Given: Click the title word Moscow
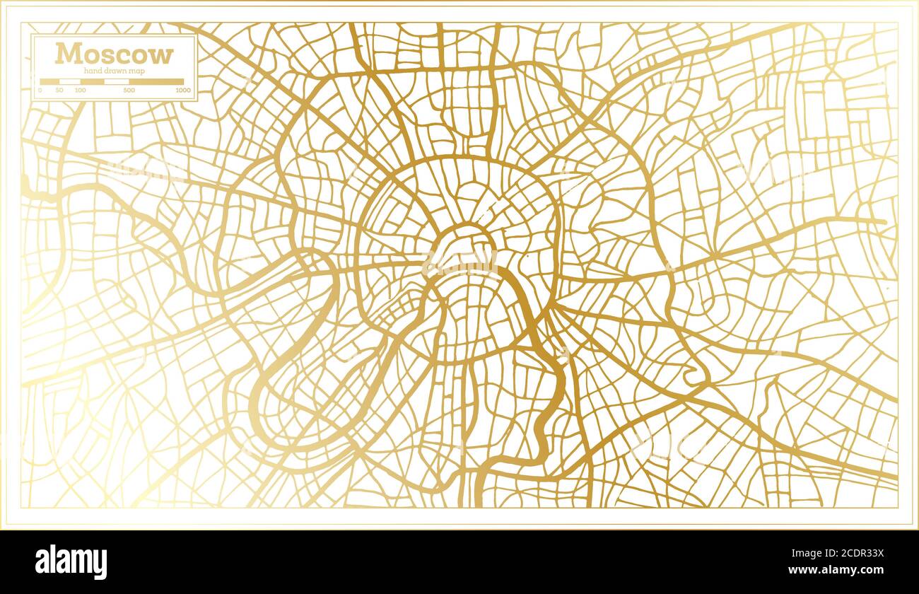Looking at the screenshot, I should pyautogui.click(x=114, y=54).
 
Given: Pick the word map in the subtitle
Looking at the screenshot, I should pyautogui.click(x=138, y=71).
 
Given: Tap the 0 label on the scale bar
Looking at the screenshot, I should pyautogui.click(x=40, y=91).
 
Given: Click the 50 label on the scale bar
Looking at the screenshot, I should pyautogui.click(x=59, y=91).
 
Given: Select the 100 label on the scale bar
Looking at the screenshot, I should pyautogui.click(x=80, y=91).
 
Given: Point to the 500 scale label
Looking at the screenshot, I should pyautogui.click(x=129, y=91).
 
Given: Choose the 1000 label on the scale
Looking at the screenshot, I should pyautogui.click(x=183, y=91).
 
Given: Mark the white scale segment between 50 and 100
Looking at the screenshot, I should pyautogui.click(x=69, y=82).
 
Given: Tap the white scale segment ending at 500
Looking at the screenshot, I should pyautogui.click(x=117, y=82).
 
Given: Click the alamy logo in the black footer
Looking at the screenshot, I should pyautogui.click(x=71, y=562).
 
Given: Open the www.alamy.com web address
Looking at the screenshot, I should pyautogui.click(x=841, y=570).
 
